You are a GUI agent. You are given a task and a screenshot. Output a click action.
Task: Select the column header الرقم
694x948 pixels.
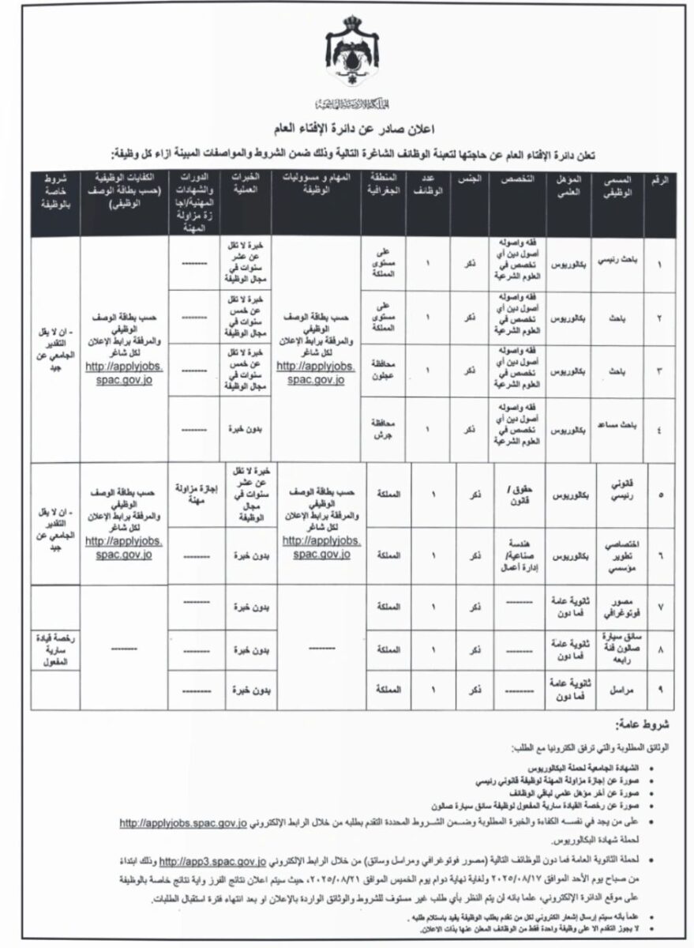click(x=662, y=181)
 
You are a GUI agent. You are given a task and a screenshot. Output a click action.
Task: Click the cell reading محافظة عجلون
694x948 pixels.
click(x=383, y=369)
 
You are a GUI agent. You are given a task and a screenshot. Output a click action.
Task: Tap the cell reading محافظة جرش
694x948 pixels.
click(x=383, y=429)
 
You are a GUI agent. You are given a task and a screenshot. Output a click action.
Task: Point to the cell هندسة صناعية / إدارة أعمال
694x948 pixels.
click(x=513, y=557)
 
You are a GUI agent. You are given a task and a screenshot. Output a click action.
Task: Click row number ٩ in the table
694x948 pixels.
click(x=661, y=690)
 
